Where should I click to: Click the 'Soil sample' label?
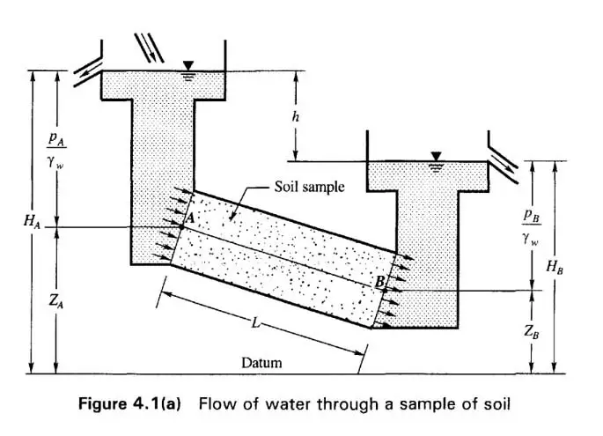tap(309, 187)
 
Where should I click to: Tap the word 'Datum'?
tap(261, 363)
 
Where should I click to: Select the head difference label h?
tap(295, 116)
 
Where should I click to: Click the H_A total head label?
tap(32, 221)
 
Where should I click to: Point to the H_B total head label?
tap(555, 266)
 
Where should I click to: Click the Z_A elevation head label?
tap(56, 300)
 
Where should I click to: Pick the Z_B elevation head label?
tap(532, 331)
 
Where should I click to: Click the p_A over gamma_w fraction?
tap(56, 151)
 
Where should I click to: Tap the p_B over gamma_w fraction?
tap(532, 228)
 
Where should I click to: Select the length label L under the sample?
tap(255, 322)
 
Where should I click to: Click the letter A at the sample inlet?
tap(191, 218)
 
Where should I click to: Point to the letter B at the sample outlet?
tap(379, 282)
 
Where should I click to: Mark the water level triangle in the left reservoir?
tap(188, 66)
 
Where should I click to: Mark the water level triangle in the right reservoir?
tap(436, 157)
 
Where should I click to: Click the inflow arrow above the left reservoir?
tap(149, 48)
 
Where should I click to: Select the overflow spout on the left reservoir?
tap(88, 72)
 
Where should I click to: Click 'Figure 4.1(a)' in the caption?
tap(129, 404)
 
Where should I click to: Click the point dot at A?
tap(181, 227)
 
